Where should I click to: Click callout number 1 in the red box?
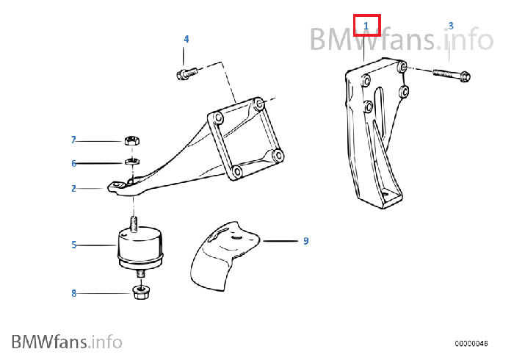click(366, 26)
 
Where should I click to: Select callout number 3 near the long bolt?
click(451, 26)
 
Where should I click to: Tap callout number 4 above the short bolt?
click(187, 39)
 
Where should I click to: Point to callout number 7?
click(73, 140)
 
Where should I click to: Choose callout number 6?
click(73, 163)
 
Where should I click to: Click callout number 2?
click(73, 189)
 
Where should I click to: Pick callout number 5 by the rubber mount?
click(74, 245)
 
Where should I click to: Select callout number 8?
click(74, 293)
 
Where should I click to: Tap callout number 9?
click(306, 241)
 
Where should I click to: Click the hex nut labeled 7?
click(132, 140)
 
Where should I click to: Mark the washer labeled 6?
click(132, 162)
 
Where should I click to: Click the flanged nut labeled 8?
click(141, 292)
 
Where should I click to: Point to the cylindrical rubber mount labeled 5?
click(140, 247)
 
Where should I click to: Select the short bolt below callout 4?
click(187, 73)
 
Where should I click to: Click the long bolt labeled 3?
click(452, 75)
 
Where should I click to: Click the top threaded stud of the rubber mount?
click(134, 224)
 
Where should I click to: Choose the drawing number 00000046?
click(471, 343)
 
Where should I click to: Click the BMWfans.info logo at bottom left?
click(67, 342)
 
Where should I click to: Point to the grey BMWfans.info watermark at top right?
click(402, 40)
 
